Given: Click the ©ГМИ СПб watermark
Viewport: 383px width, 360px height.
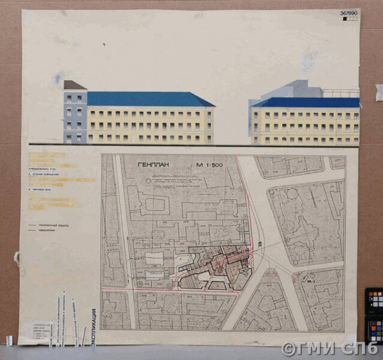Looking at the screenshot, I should point(331,349).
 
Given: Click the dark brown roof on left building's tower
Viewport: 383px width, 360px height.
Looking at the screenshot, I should point(73,85).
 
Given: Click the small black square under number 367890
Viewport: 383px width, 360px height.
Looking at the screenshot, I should point(345,19).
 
